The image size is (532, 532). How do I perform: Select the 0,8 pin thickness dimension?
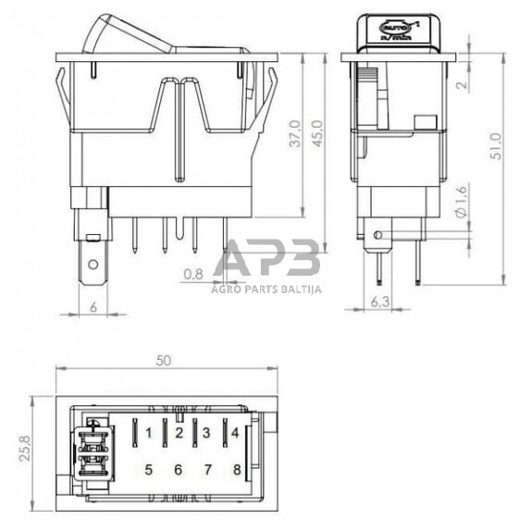coord(193,274)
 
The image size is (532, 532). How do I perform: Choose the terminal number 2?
coord(178,432)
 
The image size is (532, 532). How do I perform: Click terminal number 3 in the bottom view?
coord(206,432)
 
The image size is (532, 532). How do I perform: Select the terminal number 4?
coord(236,432)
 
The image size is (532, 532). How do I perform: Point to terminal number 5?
coord(148,469)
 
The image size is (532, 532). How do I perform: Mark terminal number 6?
coord(178,469)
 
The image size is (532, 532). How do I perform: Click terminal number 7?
coord(206,469)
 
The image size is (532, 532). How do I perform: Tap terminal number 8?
coord(237,469)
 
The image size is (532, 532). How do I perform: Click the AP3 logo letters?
coord(269,258)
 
